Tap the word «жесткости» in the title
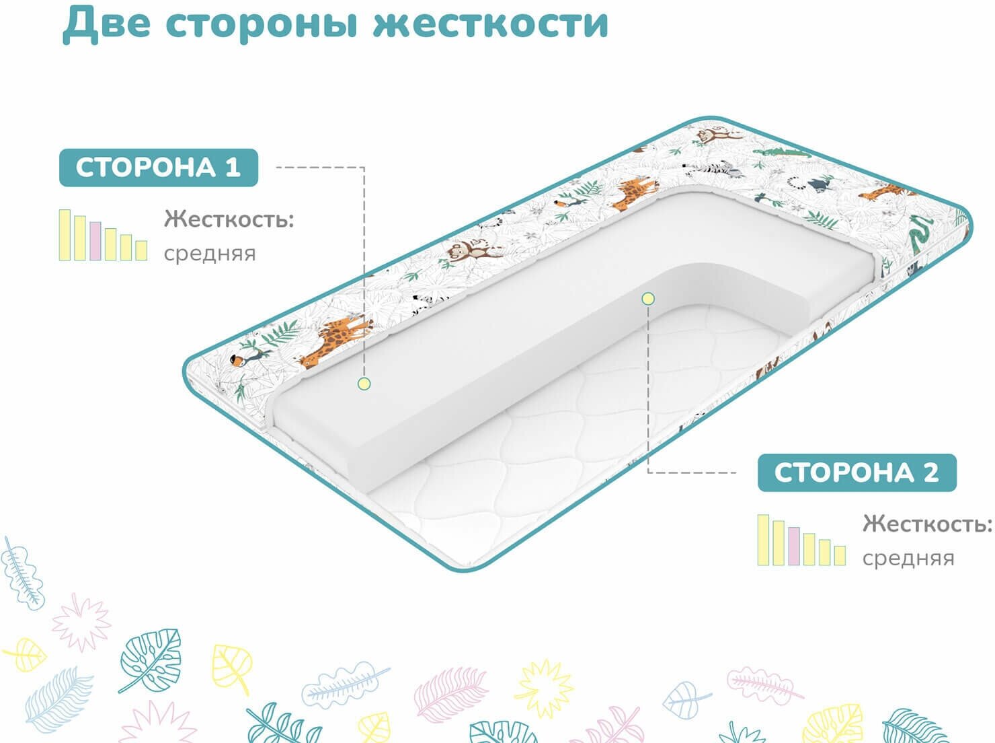click(x=490, y=23)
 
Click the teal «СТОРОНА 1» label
click(x=159, y=167)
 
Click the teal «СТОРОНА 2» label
click(x=857, y=472)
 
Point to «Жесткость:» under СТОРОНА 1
click(x=229, y=219)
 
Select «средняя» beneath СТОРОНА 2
click(x=908, y=558)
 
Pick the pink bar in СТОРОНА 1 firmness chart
click(x=95, y=240)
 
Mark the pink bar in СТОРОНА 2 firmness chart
click(x=794, y=546)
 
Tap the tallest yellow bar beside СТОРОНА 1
click(x=65, y=235)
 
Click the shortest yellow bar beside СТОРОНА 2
click(x=840, y=555)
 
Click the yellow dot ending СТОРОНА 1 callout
click(x=364, y=384)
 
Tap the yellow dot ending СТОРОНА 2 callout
click(x=647, y=298)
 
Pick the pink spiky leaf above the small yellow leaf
click(x=81, y=619)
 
